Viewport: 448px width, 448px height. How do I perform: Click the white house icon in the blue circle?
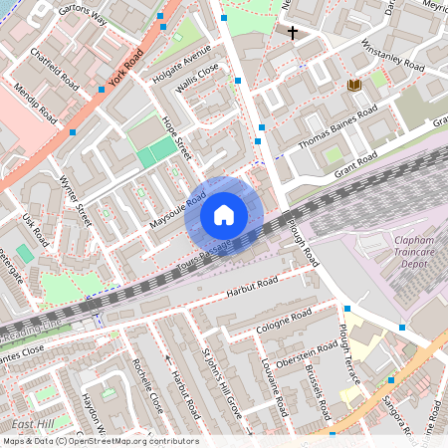224,214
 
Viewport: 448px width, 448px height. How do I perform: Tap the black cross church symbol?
293,33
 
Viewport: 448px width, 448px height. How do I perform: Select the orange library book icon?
352,87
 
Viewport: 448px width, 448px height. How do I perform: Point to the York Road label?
126,66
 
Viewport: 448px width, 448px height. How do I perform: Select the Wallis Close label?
199,77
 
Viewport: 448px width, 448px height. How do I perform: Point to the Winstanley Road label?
392,56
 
